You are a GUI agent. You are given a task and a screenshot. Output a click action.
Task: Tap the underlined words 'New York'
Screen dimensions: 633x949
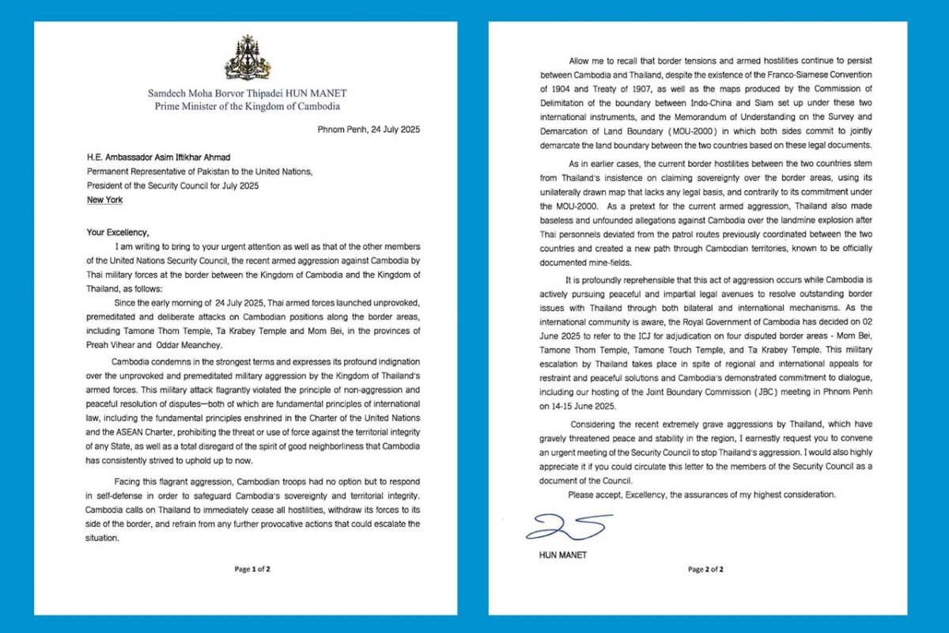click(x=108, y=200)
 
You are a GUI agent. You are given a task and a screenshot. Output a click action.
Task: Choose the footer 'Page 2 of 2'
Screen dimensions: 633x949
click(x=705, y=569)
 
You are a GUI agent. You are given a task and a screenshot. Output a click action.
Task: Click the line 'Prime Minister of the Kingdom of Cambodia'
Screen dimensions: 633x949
click(x=244, y=106)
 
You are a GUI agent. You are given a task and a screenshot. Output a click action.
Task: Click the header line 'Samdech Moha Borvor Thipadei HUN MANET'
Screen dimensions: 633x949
click(x=244, y=93)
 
